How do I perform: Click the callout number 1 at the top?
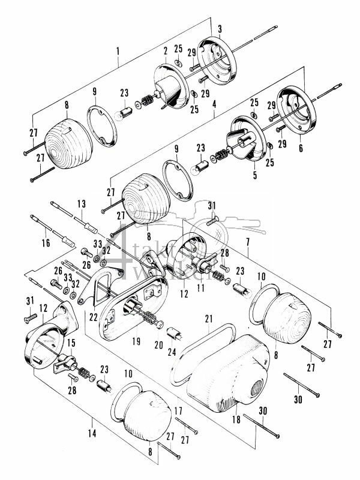118,61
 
